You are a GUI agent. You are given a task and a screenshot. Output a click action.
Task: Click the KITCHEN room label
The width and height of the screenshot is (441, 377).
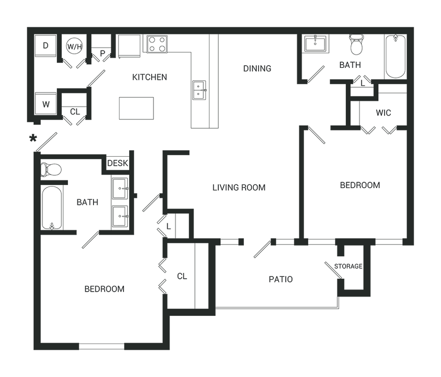pyautogui.click(x=150, y=77)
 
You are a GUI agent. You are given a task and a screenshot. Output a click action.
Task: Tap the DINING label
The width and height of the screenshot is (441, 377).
pyautogui.click(x=257, y=68)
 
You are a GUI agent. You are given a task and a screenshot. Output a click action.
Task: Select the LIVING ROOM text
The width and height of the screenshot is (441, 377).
pyautogui.click(x=239, y=187)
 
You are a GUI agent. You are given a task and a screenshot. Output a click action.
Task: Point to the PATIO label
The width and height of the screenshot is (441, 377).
pyautogui.click(x=281, y=280)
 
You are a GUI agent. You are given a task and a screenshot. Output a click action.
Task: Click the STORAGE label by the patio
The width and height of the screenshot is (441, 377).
pyautogui.click(x=348, y=267)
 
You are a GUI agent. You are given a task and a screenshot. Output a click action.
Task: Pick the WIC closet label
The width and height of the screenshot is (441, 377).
pyautogui.click(x=383, y=113)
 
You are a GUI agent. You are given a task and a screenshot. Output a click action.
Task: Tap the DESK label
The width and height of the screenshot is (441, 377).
pyautogui.click(x=118, y=163)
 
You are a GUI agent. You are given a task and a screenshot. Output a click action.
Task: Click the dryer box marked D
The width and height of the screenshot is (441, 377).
pyautogui.click(x=46, y=45)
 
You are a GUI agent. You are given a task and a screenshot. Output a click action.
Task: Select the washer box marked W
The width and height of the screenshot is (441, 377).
pyautogui.click(x=46, y=105)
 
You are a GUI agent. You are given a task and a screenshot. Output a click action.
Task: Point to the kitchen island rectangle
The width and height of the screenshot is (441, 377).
pyautogui.click(x=136, y=108)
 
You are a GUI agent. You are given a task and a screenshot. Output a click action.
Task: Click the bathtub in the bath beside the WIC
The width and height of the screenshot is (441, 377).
pyautogui.click(x=395, y=57)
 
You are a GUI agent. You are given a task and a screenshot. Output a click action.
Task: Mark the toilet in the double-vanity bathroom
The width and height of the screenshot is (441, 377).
pyautogui.click(x=51, y=170)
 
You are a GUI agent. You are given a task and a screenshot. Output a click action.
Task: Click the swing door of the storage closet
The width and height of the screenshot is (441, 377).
pyautogui.click(x=335, y=271)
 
